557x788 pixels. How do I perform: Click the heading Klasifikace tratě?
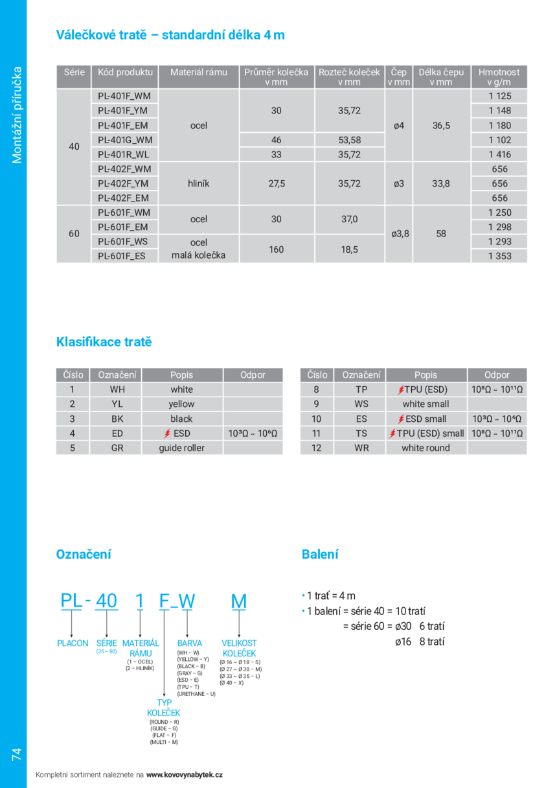104,342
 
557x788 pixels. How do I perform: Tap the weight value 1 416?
499,154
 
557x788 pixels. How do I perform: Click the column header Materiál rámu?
199,73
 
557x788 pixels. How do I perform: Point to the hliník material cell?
199,183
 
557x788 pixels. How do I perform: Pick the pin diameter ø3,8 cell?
400,234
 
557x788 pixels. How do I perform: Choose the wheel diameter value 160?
277,249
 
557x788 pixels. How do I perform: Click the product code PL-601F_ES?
122,256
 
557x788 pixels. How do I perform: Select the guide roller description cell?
181,448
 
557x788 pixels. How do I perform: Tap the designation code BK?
117,419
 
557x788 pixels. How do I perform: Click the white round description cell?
426,448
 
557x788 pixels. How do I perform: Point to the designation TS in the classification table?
361,434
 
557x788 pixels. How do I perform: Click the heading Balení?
320,554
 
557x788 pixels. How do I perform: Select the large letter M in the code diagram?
239,601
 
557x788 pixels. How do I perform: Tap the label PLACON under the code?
73,643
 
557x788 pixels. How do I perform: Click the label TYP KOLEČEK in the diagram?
164,708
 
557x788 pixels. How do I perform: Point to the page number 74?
16,754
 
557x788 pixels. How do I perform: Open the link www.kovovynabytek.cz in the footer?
185,774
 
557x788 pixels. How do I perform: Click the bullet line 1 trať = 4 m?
330,596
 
